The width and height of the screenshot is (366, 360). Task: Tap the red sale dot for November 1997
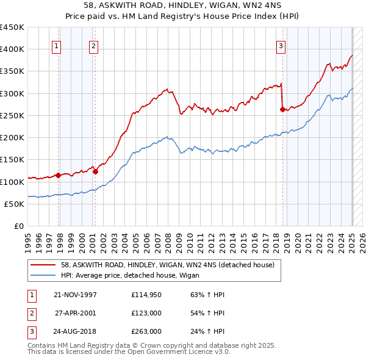[59, 175]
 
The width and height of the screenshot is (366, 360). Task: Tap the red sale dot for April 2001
[95, 171]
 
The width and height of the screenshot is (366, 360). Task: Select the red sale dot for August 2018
[282, 110]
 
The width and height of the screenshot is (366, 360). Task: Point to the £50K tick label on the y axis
[14, 204]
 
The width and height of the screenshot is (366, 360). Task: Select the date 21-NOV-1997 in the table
[76, 295]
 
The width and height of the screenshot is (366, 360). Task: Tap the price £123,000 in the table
[146, 313]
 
